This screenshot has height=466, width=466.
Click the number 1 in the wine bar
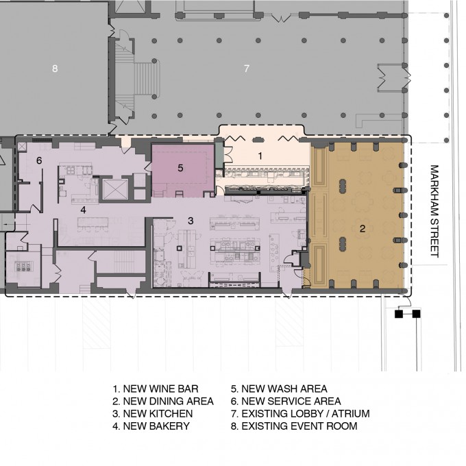pyautogui.click(x=260, y=156)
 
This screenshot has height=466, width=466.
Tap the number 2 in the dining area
pyautogui.click(x=363, y=228)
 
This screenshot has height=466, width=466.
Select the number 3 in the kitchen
pyautogui.click(x=191, y=221)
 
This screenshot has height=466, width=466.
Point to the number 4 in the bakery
pyautogui.click(x=83, y=210)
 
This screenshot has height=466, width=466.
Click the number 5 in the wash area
pyautogui.click(x=180, y=168)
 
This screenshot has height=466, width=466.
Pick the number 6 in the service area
pyautogui.click(x=39, y=160)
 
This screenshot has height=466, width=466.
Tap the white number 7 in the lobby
pyautogui.click(x=247, y=69)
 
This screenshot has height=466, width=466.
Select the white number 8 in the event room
pyautogui.click(x=55, y=69)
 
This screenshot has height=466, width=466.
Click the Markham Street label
pyautogui.click(x=434, y=211)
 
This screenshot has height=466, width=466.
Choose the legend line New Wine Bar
pyautogui.click(x=156, y=389)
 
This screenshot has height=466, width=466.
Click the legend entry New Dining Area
pyautogui.click(x=163, y=401)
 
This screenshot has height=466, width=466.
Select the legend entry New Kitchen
pyautogui.click(x=152, y=414)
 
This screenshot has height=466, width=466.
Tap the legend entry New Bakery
pyautogui.click(x=151, y=426)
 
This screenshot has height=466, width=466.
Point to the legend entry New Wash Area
pyautogui.click(x=279, y=389)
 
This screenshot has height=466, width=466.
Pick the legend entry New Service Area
pyautogui.click(x=286, y=401)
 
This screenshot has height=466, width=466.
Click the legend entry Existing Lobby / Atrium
pyautogui.click(x=300, y=414)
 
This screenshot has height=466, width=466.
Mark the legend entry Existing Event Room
pyautogui.click(x=294, y=426)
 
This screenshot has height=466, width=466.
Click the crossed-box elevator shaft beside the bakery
pyautogui.click(x=115, y=189)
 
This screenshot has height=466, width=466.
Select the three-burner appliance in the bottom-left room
pyautogui.click(x=23, y=267)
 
